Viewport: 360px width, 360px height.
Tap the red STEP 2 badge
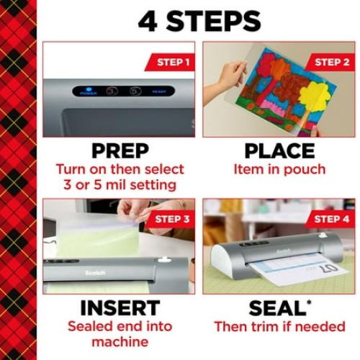[x=330, y=62]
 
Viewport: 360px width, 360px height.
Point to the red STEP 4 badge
[x=330, y=219]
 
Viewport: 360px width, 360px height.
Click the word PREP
[x=119, y=151]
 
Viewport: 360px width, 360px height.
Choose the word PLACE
[x=279, y=151]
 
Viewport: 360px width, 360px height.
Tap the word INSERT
[x=119, y=307]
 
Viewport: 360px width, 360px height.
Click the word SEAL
[x=276, y=307]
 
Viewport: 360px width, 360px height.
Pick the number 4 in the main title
[x=148, y=21]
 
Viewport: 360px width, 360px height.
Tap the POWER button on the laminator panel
[x=89, y=91]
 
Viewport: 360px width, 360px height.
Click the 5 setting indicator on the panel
[x=135, y=91]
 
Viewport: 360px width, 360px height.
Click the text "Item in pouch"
[x=279, y=170]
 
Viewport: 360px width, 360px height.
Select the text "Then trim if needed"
[x=279, y=326]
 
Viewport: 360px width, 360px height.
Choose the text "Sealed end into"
[x=119, y=326]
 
